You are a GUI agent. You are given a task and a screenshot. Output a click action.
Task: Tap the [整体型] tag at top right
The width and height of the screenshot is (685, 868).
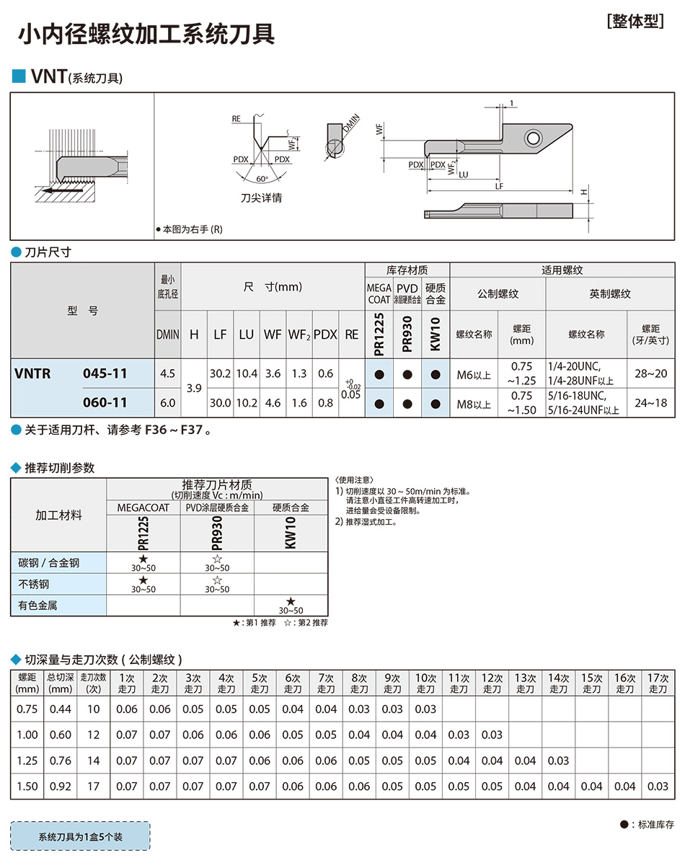(x=635, y=21)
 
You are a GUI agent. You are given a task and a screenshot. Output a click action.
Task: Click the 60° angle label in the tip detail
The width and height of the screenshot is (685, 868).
(x=260, y=178)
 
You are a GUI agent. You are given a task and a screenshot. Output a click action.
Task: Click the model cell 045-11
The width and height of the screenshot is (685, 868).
(x=105, y=373)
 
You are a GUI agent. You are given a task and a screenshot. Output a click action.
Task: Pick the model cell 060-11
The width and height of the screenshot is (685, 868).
(x=105, y=403)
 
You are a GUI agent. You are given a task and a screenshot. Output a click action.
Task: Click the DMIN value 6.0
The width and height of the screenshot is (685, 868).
(x=167, y=403)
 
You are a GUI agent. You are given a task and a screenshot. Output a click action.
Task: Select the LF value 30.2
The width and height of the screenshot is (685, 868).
(x=220, y=373)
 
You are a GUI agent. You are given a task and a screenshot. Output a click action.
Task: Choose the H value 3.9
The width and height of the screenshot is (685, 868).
(x=194, y=388)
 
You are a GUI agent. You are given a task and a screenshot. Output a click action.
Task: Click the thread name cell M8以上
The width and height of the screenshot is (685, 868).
(x=474, y=404)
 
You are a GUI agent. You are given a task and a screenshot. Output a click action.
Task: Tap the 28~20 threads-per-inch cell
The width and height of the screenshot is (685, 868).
(x=650, y=373)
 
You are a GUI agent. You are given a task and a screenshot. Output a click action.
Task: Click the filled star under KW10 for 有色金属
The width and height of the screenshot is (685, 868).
(x=291, y=601)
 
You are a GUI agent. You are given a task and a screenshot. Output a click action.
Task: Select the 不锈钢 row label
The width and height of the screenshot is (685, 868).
(x=34, y=584)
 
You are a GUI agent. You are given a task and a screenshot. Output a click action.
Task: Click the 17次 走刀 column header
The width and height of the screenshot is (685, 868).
(x=658, y=683)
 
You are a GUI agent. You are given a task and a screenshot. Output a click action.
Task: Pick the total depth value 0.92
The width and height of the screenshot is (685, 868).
(x=61, y=787)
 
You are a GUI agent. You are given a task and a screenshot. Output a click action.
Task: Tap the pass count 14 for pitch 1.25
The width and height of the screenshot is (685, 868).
(x=93, y=761)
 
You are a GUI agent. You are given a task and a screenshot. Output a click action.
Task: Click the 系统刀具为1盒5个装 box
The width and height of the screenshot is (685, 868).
(x=80, y=837)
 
